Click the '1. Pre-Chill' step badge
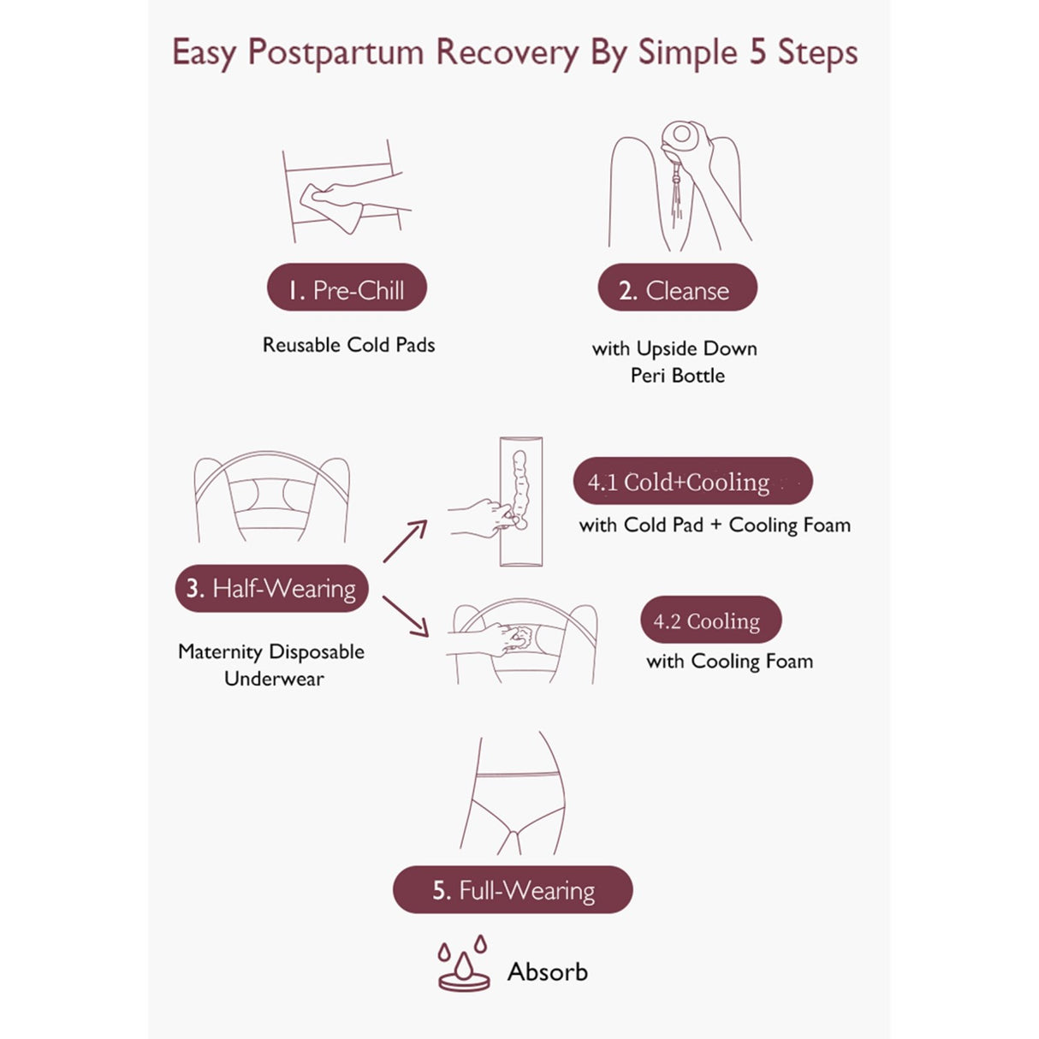point(347,288)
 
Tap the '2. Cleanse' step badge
point(677,288)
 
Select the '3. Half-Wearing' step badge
point(271,588)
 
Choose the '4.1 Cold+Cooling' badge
point(692,481)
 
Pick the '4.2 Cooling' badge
point(710,620)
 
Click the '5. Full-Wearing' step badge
point(513,890)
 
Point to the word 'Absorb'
point(547,972)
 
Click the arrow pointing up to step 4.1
point(406,541)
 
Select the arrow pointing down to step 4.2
point(406,616)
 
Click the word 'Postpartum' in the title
point(335,53)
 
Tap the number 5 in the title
point(757,53)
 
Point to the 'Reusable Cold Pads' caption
point(348,345)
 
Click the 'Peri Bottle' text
point(677,376)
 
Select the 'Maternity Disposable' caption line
point(271,652)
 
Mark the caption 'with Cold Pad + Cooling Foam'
point(715,525)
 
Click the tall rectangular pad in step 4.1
point(521,502)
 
